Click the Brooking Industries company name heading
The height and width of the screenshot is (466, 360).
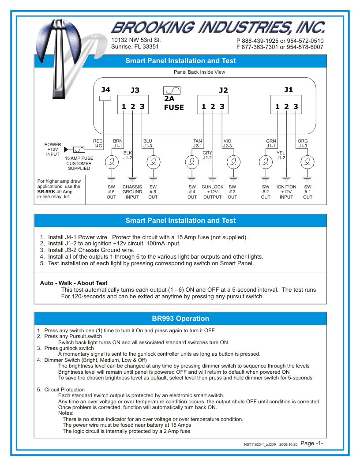tap(217, 28)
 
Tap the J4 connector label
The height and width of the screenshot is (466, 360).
tap(105, 90)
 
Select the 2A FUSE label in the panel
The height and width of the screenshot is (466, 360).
tap(173, 103)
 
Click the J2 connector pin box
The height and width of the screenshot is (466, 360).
tap(213, 106)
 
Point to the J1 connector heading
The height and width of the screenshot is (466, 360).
tap(288, 90)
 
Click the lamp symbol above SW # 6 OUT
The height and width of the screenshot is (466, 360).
tap(111, 162)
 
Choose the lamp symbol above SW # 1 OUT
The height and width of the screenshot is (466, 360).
tap(307, 162)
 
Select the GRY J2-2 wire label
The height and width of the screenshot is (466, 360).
tap(207, 155)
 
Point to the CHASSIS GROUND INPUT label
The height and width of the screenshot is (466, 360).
tap(132, 192)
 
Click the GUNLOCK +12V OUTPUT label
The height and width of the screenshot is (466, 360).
tap(213, 192)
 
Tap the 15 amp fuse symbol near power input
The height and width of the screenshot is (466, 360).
tap(79, 150)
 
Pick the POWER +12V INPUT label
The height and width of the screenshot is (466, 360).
tap(53, 149)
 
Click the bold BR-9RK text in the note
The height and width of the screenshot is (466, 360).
tap(46, 192)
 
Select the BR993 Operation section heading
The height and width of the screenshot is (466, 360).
tap(180, 319)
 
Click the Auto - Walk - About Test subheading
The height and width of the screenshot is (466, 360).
tap(74, 283)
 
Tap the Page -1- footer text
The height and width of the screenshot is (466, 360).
tap(312, 443)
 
